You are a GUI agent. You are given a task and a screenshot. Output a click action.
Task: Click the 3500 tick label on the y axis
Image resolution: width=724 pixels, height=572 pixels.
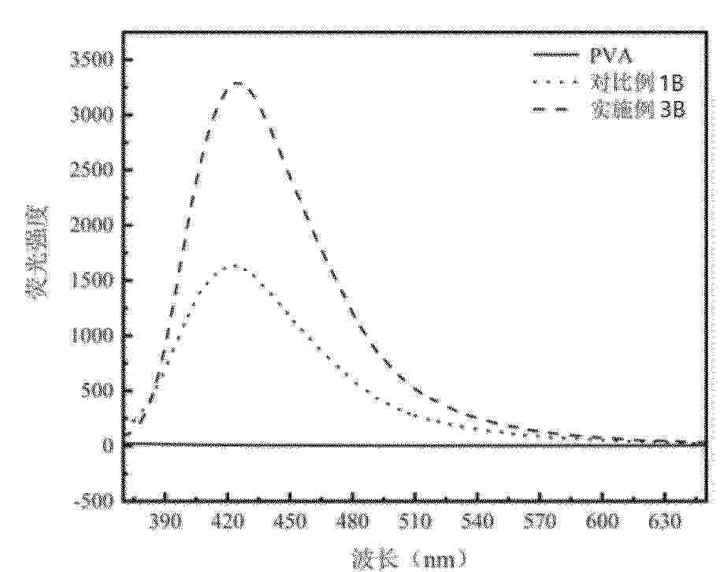click(91, 60)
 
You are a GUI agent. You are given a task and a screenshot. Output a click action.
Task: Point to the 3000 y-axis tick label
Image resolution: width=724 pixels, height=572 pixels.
click(91, 115)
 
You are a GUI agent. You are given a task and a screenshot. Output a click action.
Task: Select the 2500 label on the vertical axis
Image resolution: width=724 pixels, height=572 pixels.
click(91, 170)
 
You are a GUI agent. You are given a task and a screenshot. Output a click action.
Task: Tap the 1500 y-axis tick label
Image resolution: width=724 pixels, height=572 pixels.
click(91, 280)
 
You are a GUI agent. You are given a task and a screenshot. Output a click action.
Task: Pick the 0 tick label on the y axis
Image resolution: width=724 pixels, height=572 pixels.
click(107, 446)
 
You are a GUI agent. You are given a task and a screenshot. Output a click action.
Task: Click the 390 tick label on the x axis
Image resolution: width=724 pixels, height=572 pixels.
click(165, 523)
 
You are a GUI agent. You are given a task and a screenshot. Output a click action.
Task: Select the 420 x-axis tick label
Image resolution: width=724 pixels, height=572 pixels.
click(228, 523)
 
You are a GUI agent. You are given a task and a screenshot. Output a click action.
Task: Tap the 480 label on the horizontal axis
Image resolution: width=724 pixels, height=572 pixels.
click(353, 523)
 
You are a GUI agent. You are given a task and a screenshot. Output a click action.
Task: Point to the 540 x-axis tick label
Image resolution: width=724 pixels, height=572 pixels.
click(477, 523)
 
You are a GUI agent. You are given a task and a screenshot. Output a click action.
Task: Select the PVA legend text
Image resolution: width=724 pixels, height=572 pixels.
click(611, 56)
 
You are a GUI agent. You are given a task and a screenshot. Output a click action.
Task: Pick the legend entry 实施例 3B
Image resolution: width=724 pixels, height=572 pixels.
click(637, 110)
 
